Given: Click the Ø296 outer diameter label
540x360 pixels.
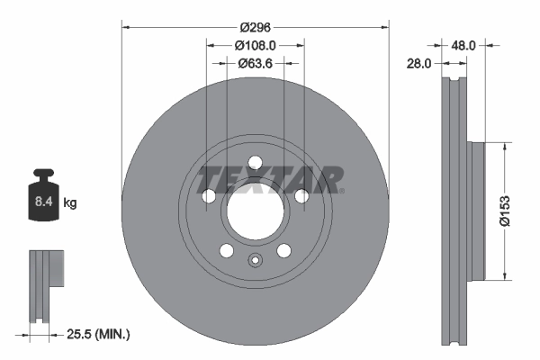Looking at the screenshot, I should [255, 15].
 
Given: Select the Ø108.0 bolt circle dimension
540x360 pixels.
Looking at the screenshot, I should [255, 44].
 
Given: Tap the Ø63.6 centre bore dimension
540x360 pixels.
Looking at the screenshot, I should [255, 63].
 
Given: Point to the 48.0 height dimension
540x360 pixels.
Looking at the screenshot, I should [464, 42].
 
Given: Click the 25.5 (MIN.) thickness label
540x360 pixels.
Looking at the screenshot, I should [99, 334].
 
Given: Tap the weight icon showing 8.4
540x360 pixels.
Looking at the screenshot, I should [42, 200].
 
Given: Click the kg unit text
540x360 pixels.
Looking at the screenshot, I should [70, 204].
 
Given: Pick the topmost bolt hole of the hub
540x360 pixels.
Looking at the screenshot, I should [255, 163].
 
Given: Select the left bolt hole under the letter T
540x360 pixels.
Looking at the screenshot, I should [209, 197].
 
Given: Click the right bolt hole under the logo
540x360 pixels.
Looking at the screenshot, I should [301, 197].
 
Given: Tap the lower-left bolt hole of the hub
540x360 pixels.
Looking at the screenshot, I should [227, 251].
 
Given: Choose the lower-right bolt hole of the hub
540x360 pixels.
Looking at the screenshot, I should [283, 251].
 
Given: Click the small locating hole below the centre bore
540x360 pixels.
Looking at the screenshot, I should [255, 262].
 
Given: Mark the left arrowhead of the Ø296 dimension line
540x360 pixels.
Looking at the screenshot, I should [124, 25].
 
